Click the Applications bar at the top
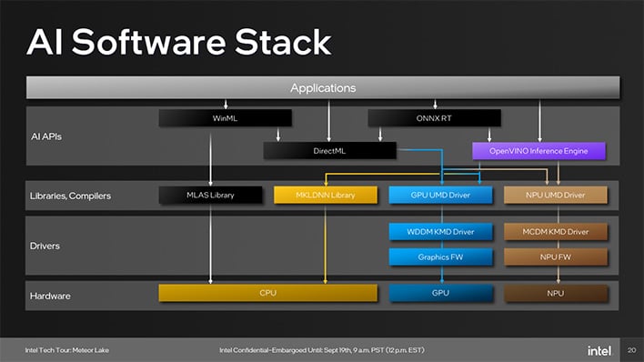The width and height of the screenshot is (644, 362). (x=322, y=87)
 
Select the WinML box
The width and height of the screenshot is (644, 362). (x=225, y=117)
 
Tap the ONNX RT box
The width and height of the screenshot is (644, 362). (x=434, y=117)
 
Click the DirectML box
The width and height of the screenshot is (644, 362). (x=329, y=150)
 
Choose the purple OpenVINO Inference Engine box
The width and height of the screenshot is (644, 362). (x=538, y=150)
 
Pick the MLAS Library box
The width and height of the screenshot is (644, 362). (x=210, y=194)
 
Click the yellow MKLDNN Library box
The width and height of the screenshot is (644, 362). (x=325, y=194)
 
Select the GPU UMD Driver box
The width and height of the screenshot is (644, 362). (x=440, y=194)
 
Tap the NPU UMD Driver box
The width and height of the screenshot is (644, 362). (x=556, y=194)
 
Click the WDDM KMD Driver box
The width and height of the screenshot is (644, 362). (x=440, y=231)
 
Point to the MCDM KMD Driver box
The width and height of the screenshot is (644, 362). (x=556, y=231)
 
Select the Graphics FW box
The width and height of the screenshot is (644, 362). (x=440, y=256)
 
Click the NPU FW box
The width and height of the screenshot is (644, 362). (x=556, y=256)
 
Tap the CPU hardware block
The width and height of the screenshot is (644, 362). (x=267, y=293)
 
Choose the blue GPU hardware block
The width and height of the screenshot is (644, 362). (x=440, y=293)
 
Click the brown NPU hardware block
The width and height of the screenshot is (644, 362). (x=556, y=293)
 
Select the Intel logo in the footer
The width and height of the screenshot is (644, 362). (x=599, y=349)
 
